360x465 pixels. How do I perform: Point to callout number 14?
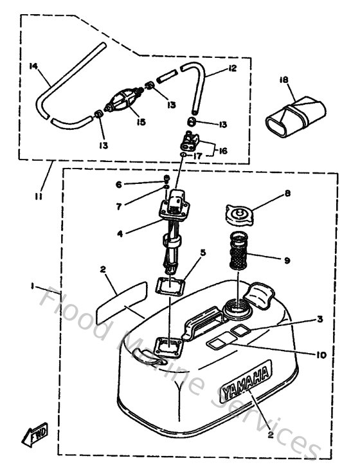(x=35, y=66)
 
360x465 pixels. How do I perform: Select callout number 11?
(x=39, y=197)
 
